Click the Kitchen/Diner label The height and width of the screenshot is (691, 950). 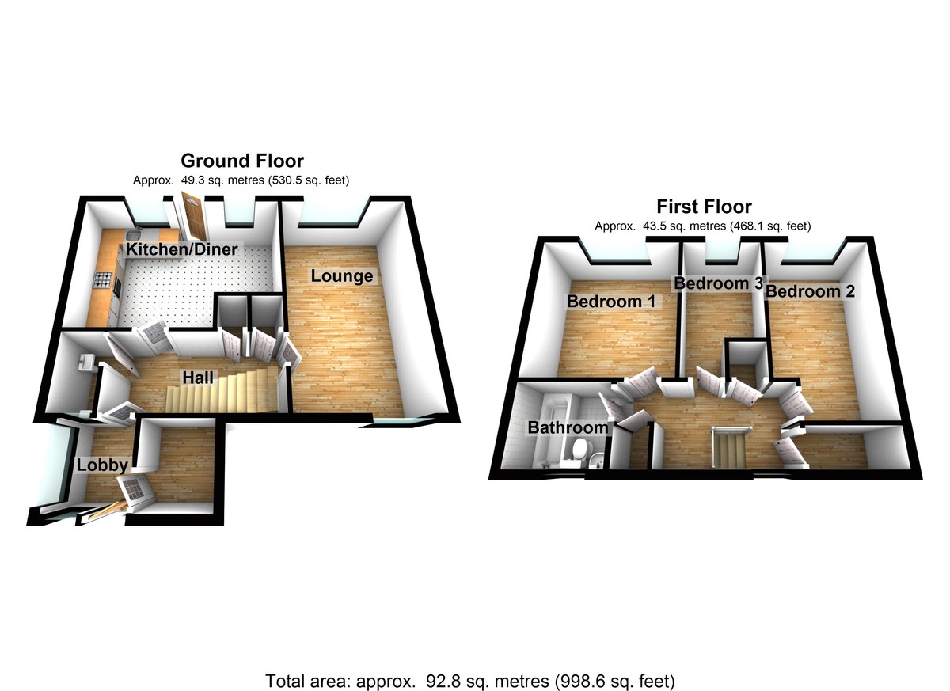(182, 250)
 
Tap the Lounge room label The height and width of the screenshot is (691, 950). (341, 276)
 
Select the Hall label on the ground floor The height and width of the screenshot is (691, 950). (197, 379)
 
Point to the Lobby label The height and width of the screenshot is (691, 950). (101, 465)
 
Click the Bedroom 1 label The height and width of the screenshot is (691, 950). (611, 302)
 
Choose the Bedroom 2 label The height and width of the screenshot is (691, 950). (810, 291)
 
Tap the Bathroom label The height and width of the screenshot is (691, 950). (568, 428)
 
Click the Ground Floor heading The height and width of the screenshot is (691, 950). (242, 161)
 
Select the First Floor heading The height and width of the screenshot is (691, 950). (703, 207)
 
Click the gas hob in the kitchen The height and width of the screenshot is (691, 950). (104, 279)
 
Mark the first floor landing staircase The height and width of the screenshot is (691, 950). (731, 447)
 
